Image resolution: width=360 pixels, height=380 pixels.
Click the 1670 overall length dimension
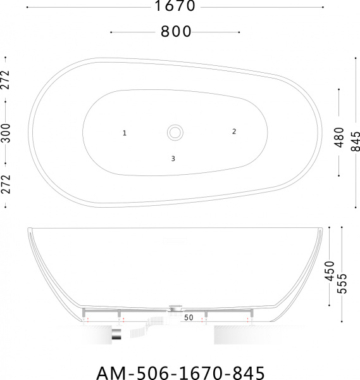click(175, 6)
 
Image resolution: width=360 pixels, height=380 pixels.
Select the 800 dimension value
click(176, 32)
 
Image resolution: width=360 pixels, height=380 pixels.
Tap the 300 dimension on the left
click(6, 133)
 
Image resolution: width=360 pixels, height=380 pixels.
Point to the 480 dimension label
click(339, 137)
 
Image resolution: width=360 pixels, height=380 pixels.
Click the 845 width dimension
click(356, 141)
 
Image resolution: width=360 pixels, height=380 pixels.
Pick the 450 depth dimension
click(329, 271)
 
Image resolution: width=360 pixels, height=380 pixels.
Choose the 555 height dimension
click(342, 284)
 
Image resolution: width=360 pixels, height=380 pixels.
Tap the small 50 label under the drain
click(189, 317)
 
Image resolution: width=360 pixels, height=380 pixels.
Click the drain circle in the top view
click(175, 133)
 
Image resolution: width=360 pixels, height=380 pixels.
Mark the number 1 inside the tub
click(125, 133)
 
